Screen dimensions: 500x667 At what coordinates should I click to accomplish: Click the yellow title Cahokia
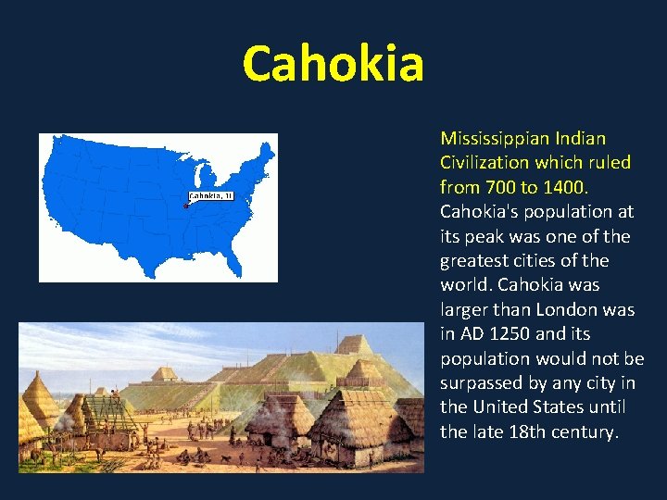click(x=333, y=63)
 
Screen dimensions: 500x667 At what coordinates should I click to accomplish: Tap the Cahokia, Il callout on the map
click(x=212, y=195)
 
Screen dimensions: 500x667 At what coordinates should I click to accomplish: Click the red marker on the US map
click(x=186, y=206)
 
